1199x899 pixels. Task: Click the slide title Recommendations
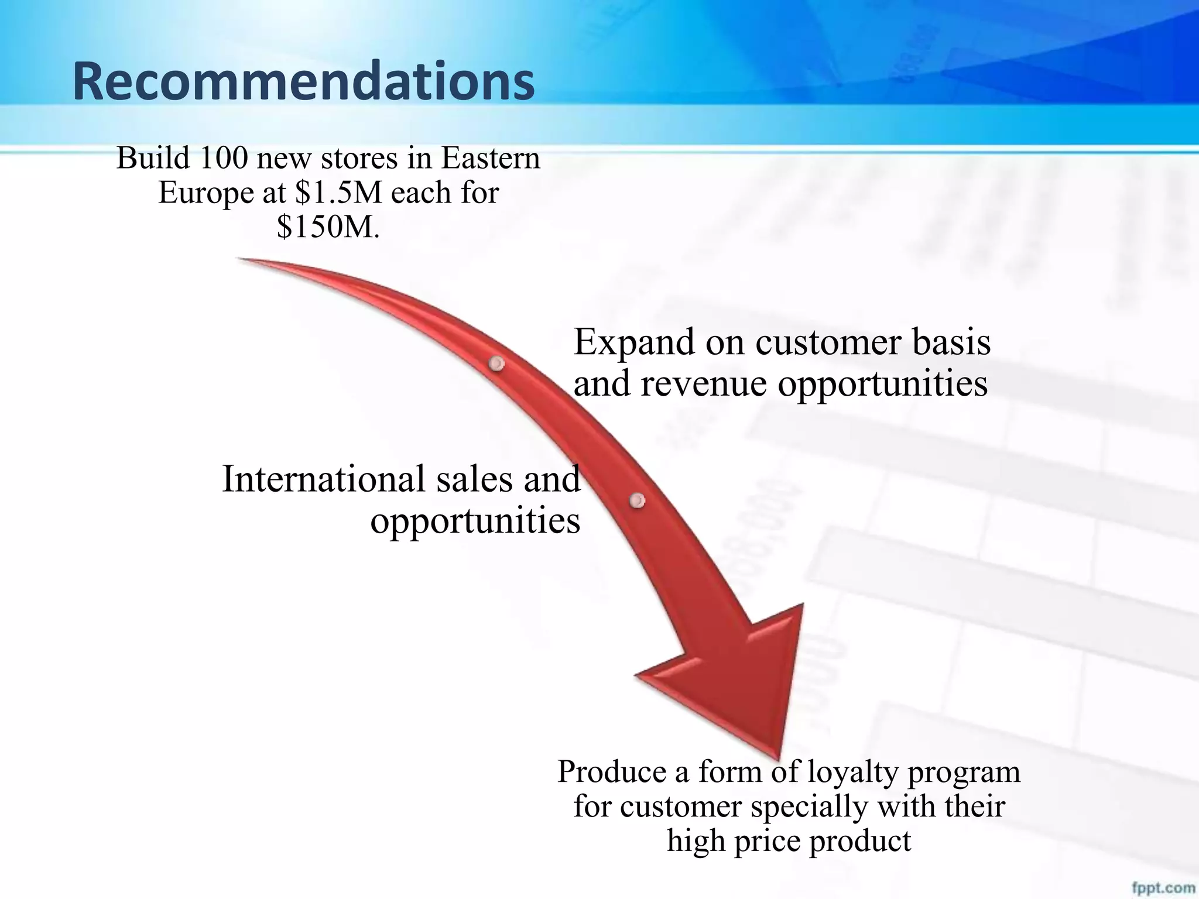303,82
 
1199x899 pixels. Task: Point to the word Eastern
490,158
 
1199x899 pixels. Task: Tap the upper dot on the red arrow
496,364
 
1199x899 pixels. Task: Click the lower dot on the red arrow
637,500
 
